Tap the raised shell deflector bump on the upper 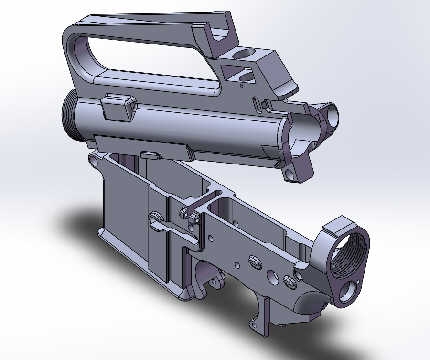point(118,108)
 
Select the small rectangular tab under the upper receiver point(150,154)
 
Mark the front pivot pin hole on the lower point(94,163)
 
